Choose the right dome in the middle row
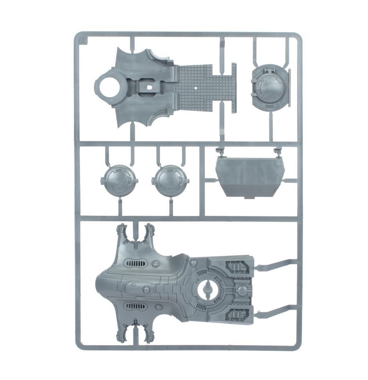click(x=170, y=181)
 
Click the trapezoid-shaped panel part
click(x=250, y=176)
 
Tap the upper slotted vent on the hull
click(x=136, y=263)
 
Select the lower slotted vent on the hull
click(x=136, y=307)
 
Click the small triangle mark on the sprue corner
click(x=83, y=39)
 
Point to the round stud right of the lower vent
click(x=157, y=307)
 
